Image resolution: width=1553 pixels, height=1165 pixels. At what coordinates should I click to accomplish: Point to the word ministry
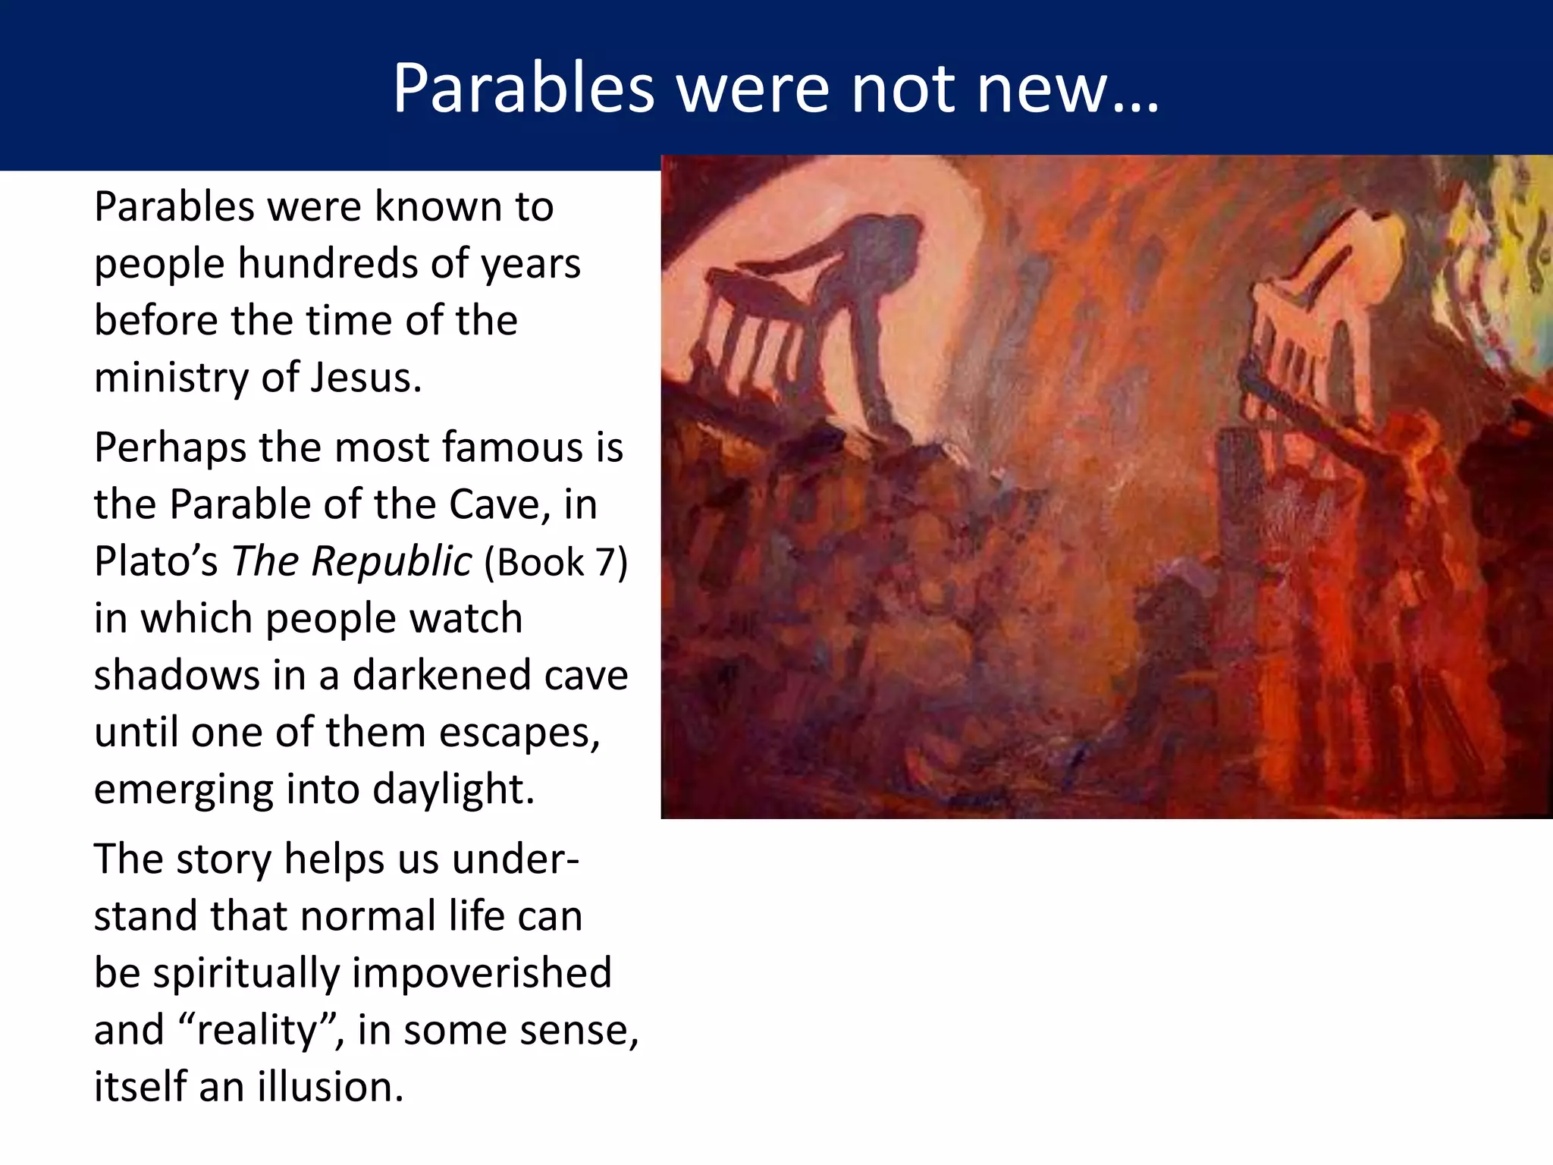point(171,377)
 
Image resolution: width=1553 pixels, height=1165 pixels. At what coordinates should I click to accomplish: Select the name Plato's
point(156,561)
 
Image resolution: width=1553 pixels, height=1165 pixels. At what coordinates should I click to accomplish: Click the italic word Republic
point(393,561)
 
